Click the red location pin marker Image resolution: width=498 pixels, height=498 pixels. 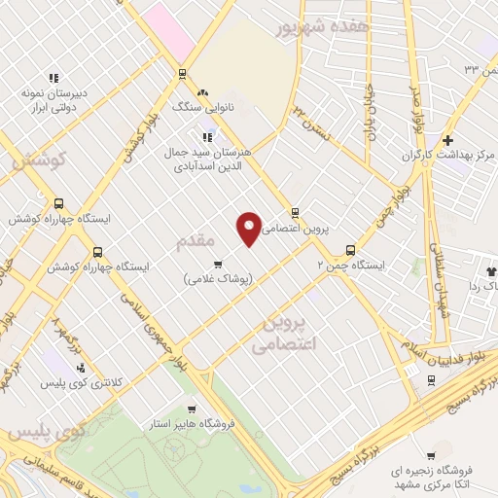250,228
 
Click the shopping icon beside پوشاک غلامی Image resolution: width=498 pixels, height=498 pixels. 217,263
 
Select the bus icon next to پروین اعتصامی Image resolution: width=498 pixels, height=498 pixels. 295,213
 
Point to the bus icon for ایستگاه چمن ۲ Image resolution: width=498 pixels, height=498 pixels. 351,248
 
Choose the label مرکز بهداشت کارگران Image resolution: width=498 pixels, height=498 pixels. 445,156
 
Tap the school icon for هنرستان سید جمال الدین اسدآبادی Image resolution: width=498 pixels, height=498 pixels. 206,136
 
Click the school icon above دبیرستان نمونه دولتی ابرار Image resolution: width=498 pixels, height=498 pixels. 54,78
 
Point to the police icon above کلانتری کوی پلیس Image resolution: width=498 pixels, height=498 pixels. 80,368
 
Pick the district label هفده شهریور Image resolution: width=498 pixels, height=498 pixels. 320,28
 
